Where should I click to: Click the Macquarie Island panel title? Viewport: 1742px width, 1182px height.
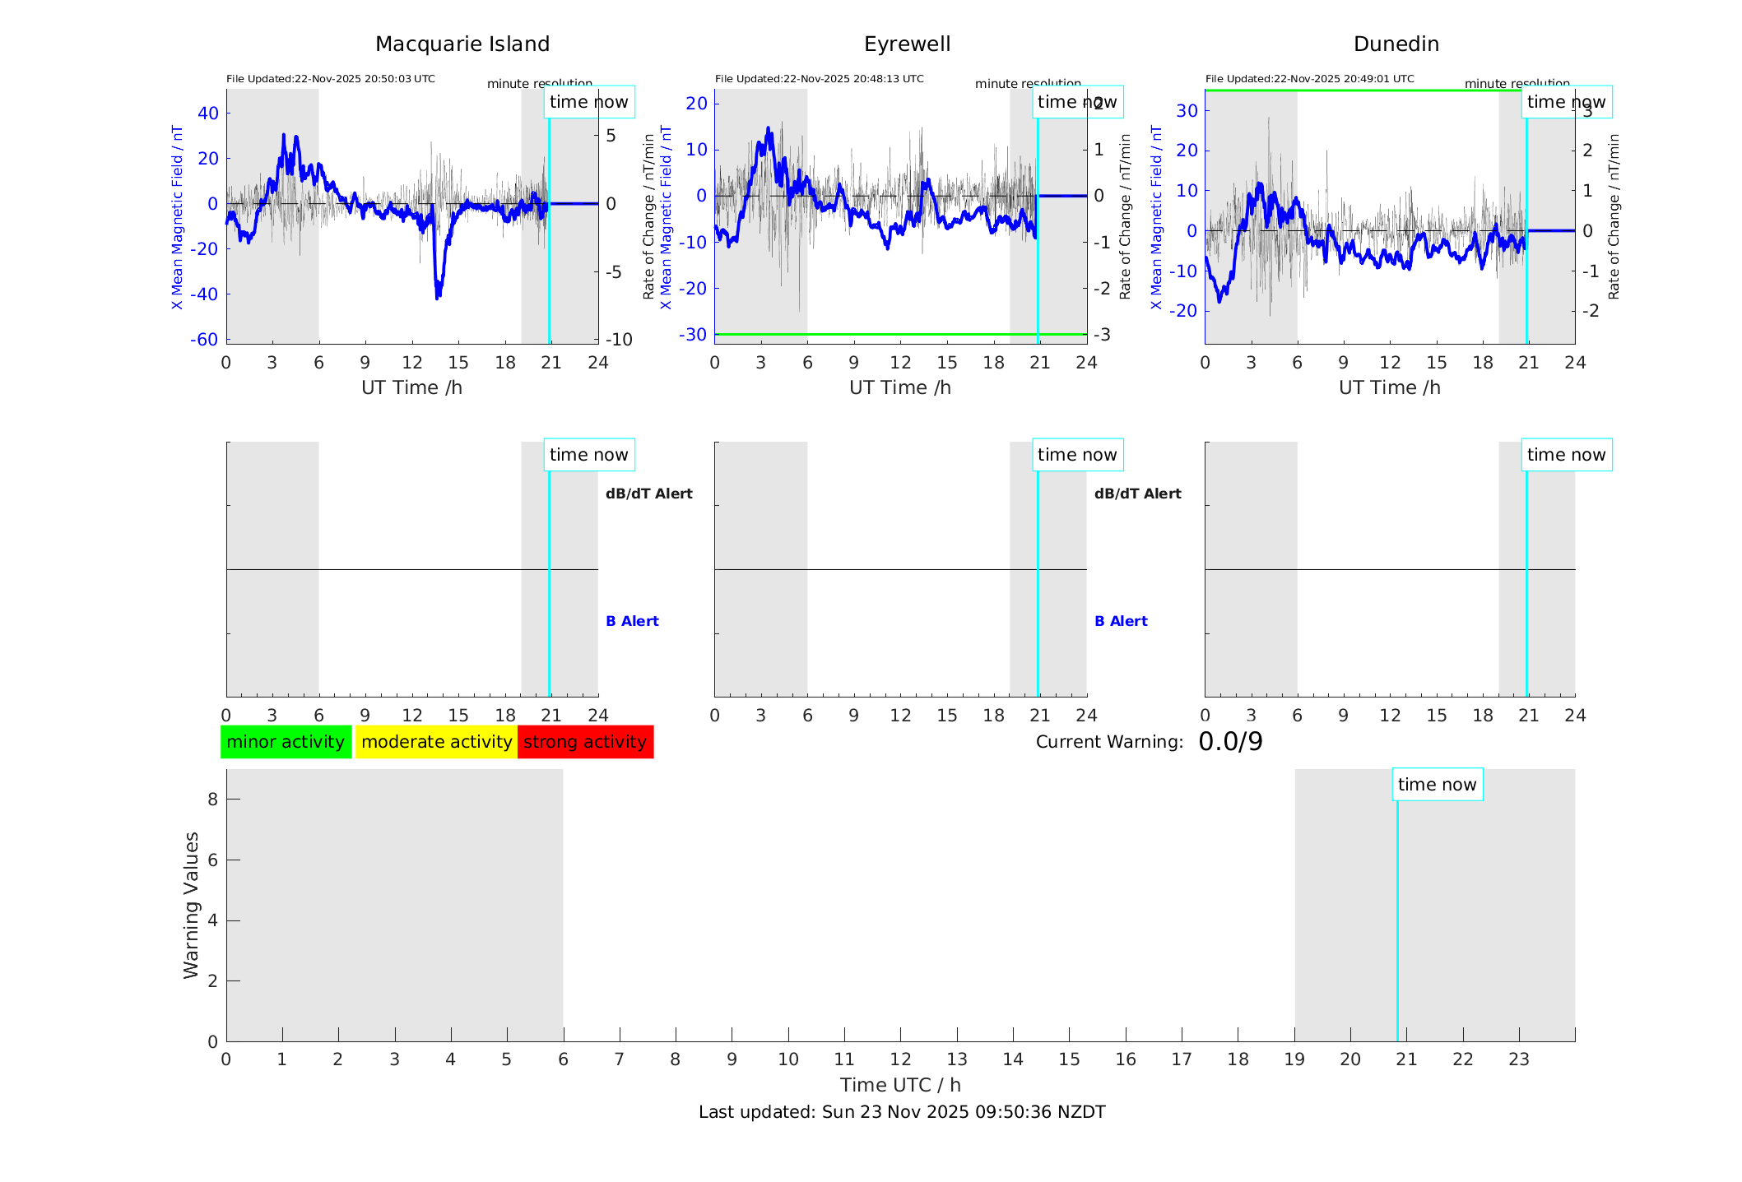pos(462,44)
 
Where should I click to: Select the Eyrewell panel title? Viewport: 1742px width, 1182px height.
pos(907,44)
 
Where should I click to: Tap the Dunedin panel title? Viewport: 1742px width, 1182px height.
pos(1396,44)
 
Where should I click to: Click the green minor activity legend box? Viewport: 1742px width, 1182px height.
pos(286,742)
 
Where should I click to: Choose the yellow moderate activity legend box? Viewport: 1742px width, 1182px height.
pos(436,742)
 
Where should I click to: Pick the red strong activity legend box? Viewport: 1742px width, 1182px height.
pos(585,742)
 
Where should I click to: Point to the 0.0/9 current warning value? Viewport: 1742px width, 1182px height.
pos(1230,742)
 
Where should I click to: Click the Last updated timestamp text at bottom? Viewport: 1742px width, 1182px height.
pos(902,1112)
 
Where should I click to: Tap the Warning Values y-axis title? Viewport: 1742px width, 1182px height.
pos(192,905)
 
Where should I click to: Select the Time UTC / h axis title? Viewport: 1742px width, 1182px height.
pos(900,1085)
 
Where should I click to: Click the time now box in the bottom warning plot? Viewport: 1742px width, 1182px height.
pos(1437,785)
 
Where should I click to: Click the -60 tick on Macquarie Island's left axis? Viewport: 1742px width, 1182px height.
pos(204,340)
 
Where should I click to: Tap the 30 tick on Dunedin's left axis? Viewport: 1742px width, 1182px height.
pos(1186,111)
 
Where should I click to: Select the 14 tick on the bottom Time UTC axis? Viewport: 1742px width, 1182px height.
pos(1013,1059)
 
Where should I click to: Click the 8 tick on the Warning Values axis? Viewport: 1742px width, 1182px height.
pos(212,800)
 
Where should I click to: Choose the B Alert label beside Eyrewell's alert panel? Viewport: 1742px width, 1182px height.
pos(1121,621)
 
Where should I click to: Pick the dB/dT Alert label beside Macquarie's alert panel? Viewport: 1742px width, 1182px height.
pos(648,494)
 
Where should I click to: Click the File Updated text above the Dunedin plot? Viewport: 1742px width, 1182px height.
pos(1309,79)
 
